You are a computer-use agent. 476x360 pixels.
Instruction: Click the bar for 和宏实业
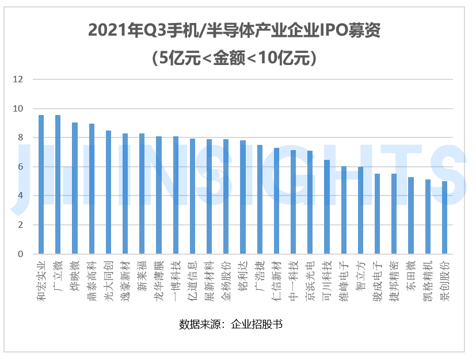pos(41,184)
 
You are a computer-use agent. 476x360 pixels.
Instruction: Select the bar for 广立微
pos(58,184)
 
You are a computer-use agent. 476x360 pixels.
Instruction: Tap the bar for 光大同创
pos(108,192)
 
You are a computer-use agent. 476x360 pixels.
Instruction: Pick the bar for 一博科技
pos(176,195)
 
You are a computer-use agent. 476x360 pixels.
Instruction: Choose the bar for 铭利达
pos(243,197)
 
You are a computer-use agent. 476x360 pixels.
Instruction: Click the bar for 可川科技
pos(327,206)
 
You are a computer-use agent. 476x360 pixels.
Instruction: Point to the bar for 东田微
pos(411,215)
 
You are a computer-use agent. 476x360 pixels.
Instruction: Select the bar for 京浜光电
pos(310,202)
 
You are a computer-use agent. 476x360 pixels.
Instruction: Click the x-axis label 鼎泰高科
pos(92,277)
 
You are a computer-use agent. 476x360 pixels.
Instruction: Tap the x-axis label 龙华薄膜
pos(159,277)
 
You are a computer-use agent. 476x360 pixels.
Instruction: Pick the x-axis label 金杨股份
pos(226,277)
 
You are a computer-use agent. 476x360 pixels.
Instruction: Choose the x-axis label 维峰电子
pos(344,277)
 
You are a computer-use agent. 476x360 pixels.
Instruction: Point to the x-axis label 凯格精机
pos(428,277)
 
